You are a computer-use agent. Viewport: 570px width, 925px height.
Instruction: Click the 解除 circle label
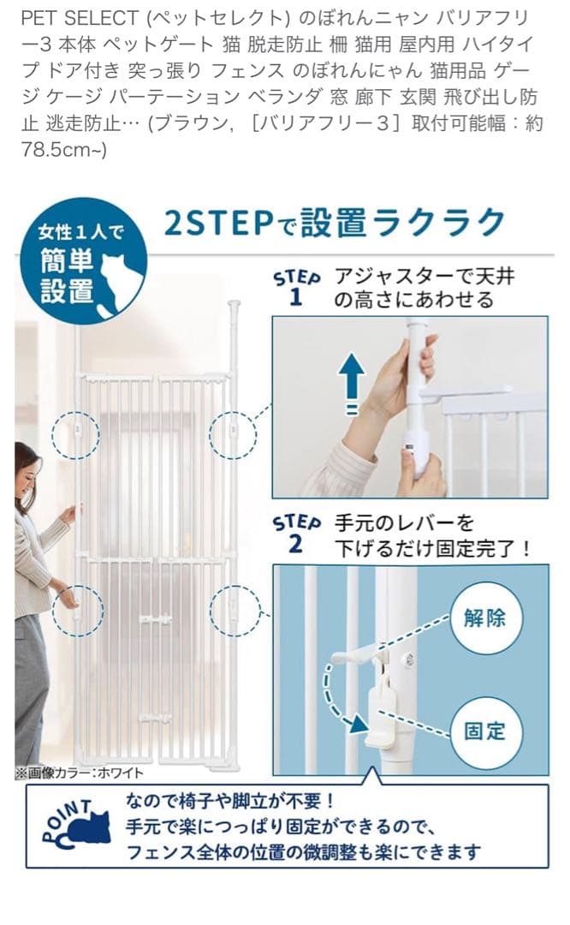484,618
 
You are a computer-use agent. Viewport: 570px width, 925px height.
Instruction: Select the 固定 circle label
484,731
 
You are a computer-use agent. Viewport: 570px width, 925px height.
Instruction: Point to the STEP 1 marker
296,288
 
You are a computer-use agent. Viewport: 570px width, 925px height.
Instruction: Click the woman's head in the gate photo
26,467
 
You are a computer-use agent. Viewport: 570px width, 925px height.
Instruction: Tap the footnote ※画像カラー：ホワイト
80,773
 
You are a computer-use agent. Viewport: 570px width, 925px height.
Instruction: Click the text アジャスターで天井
425,276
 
